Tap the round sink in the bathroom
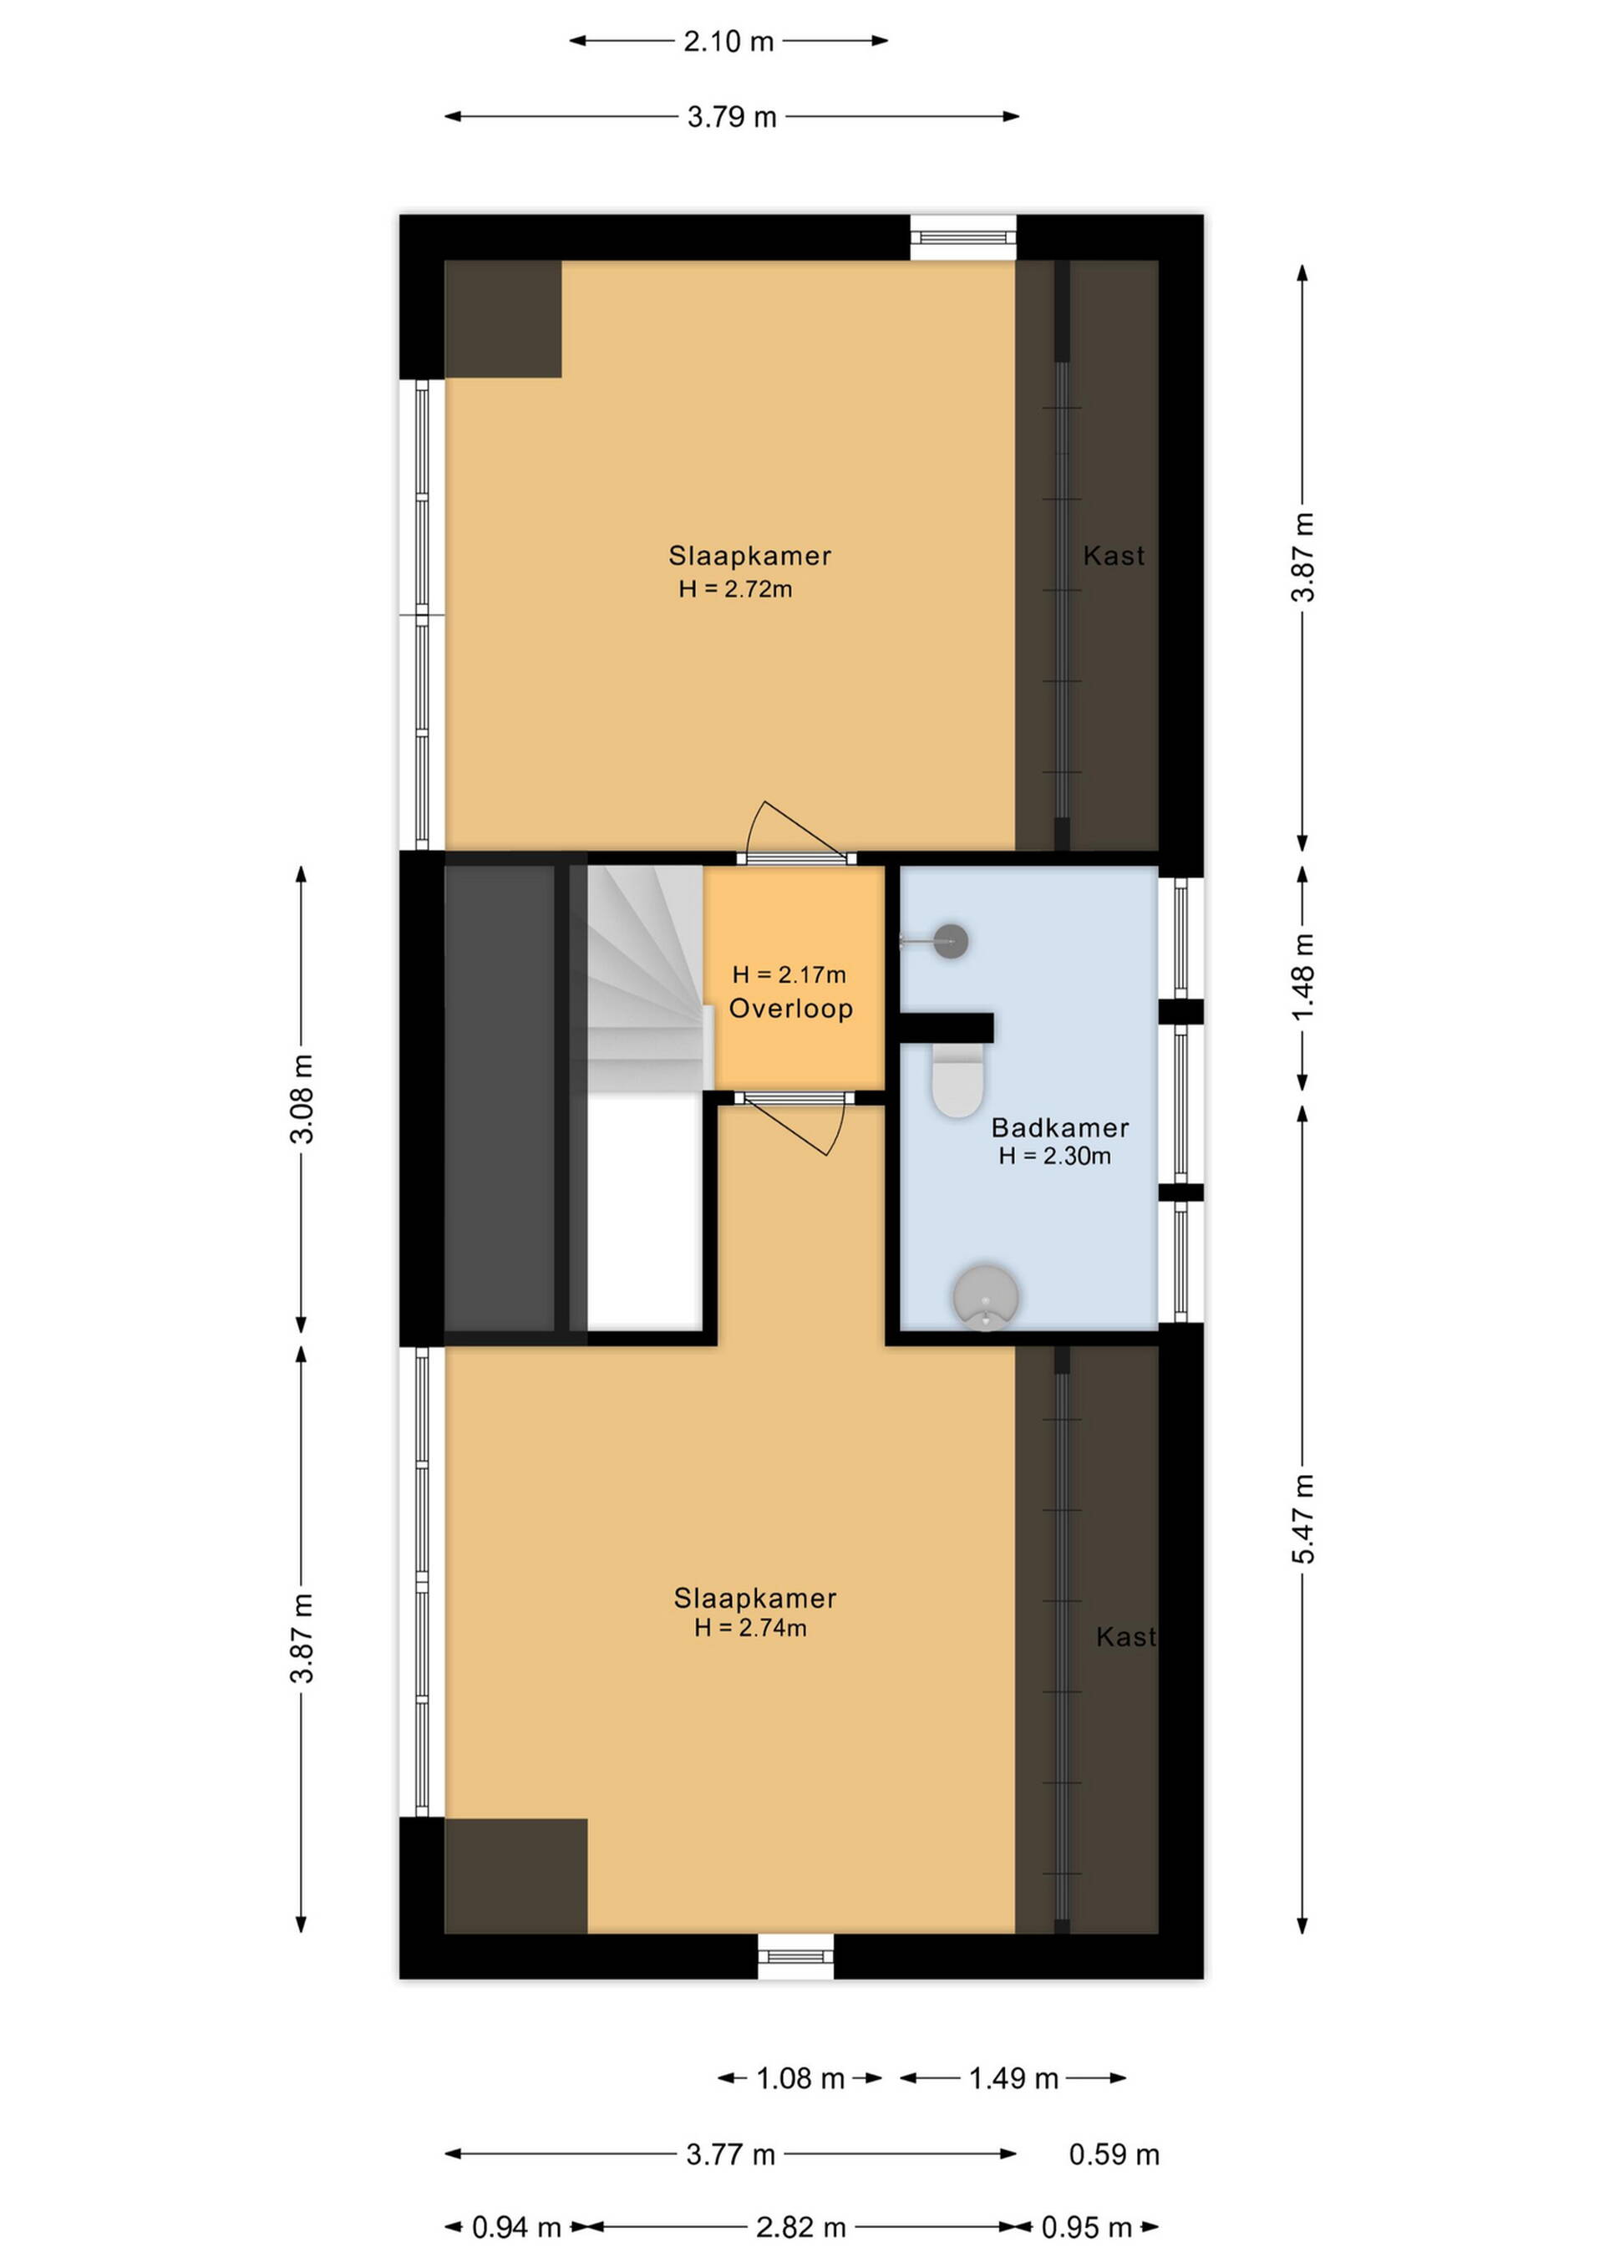pyautogui.click(x=986, y=1297)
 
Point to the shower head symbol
pyautogui.click(x=950, y=941)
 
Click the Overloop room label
pyautogui.click(x=791, y=1009)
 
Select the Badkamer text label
pyautogui.click(x=1060, y=1127)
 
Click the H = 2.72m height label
pyautogui.click(x=736, y=589)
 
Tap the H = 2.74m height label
pyautogui.click(x=751, y=1627)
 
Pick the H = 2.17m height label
pyautogui.click(x=789, y=975)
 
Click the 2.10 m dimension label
pyautogui.click(x=729, y=42)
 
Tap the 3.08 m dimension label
pyautogui.click(x=302, y=1100)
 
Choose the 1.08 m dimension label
pyautogui.click(x=800, y=2078)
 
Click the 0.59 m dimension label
pyautogui.click(x=1114, y=2154)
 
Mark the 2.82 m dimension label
pyautogui.click(x=801, y=2228)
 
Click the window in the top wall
pyautogui.click(x=963, y=237)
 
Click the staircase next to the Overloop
pyautogui.click(x=646, y=979)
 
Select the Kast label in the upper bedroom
pyautogui.click(x=1114, y=555)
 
